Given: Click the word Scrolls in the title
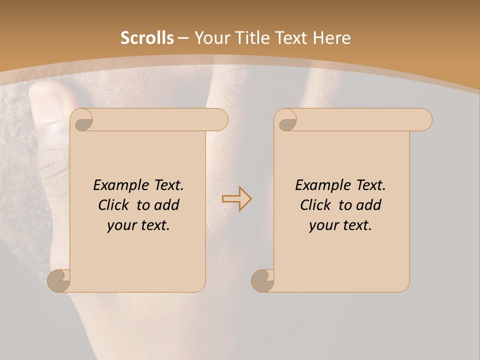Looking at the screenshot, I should pos(147,38).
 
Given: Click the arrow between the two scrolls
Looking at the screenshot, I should pos(236,199).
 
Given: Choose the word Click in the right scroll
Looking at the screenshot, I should pos(317,205).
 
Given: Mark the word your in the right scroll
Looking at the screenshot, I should pos(322,225).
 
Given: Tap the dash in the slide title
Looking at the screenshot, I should pos(183,38).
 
